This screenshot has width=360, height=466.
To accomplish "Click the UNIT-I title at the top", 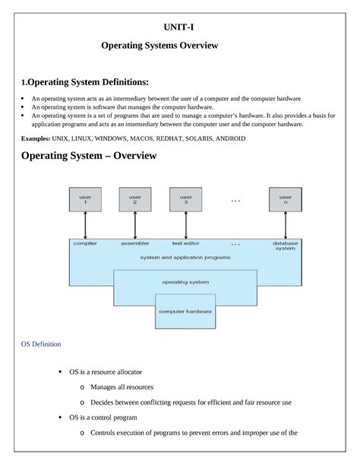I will [x=181, y=27].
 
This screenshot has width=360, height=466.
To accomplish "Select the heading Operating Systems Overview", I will [x=159, y=46].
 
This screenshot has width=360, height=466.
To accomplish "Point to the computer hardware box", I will [x=185, y=312].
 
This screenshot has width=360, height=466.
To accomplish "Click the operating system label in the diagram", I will [x=185, y=281].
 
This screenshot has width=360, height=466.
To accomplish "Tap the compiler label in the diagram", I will [x=85, y=244].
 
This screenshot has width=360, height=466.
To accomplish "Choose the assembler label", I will [x=134, y=244].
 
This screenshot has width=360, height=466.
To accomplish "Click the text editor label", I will [x=185, y=244].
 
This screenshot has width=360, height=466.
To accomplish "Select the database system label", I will [x=285, y=246].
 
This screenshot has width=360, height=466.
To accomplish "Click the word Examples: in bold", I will [x=36, y=139].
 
